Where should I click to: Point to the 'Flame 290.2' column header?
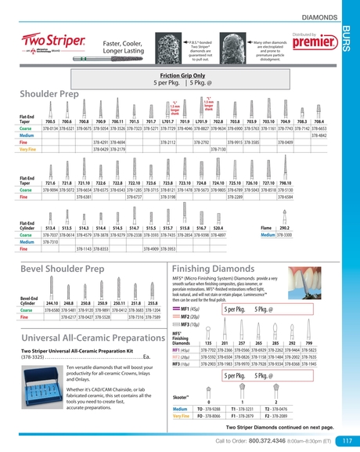point(279,226)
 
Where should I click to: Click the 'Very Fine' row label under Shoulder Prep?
point(28,148)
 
